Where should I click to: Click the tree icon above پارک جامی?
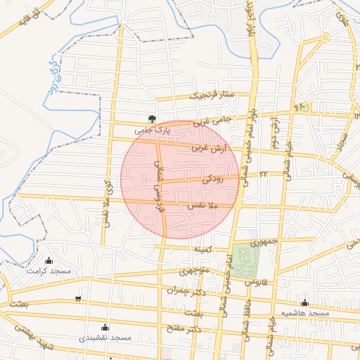152,119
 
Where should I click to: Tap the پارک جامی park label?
153,130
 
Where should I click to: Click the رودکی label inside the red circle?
212,180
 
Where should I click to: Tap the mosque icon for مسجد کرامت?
48,261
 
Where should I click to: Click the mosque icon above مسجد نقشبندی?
105,327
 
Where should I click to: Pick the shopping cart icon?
77,299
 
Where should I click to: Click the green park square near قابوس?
246,259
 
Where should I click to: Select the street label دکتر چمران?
184,290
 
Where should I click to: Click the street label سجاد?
344,146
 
